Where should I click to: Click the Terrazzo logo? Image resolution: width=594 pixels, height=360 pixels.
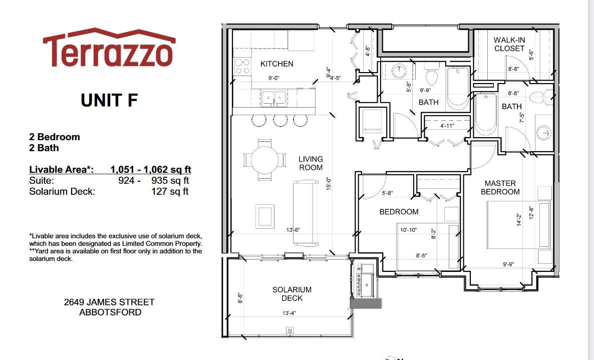click(x=109, y=48)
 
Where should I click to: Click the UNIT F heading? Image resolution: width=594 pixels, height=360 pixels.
click(x=109, y=100)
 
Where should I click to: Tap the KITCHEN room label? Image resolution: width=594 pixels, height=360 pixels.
click(x=277, y=64)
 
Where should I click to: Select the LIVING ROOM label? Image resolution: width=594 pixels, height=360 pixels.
click(x=311, y=163)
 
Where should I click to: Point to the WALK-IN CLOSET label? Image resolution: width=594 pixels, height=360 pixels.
click(x=509, y=44)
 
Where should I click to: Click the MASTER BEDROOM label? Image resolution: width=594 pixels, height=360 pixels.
click(x=500, y=187)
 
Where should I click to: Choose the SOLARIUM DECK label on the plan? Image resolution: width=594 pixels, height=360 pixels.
click(x=291, y=294)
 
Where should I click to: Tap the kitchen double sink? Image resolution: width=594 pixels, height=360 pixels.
click(x=273, y=99)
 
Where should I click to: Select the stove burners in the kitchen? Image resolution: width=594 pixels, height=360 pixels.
click(x=242, y=66)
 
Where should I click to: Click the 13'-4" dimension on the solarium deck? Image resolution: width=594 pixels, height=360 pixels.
click(x=289, y=313)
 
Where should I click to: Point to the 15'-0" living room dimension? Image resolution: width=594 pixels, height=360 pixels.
click(x=329, y=184)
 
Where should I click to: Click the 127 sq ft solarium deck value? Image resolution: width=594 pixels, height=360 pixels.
click(x=170, y=192)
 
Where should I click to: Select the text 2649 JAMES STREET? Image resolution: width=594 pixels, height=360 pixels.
click(x=109, y=302)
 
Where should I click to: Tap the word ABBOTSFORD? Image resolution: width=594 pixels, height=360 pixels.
click(x=110, y=312)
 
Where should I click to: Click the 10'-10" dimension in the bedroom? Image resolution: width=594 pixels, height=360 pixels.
click(x=408, y=230)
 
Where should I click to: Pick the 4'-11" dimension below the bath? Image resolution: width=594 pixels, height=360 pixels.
click(x=447, y=126)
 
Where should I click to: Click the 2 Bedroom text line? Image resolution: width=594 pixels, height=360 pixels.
click(x=55, y=137)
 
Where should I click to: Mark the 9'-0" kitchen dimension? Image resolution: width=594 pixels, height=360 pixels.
click(x=274, y=78)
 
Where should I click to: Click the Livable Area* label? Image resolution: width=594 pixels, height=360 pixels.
click(x=62, y=170)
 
